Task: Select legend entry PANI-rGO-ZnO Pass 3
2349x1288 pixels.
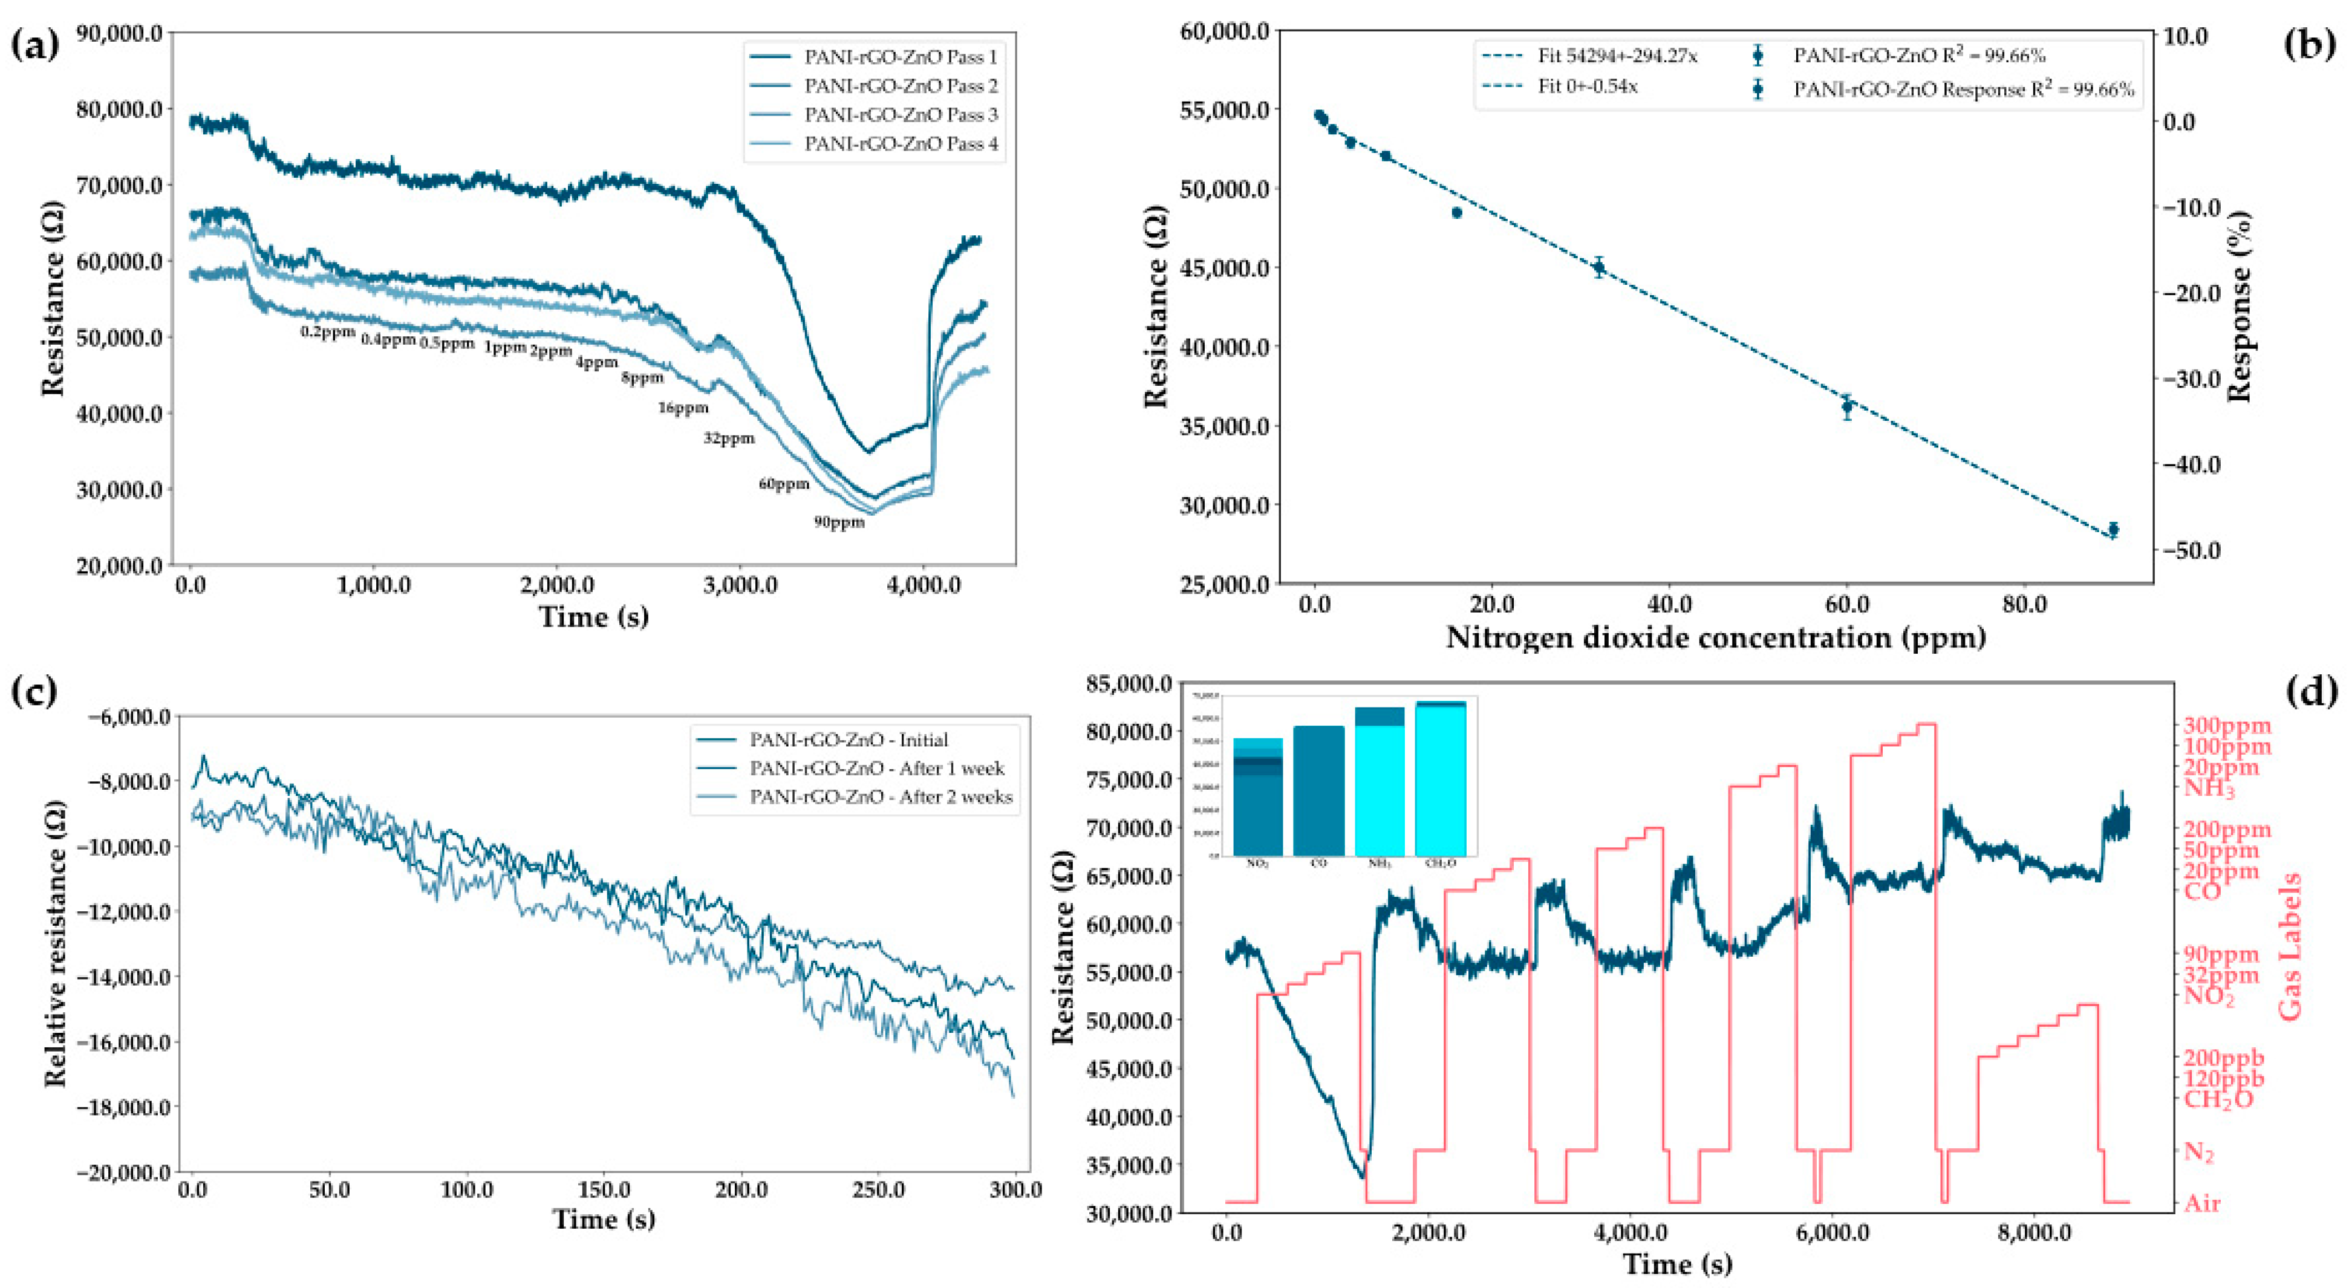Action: pos(900,115)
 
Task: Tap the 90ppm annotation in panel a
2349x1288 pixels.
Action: pos(839,523)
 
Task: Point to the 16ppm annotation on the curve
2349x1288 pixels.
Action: pos(683,408)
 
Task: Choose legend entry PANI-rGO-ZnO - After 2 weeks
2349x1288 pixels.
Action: pos(880,796)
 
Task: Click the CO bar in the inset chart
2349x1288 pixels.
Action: pos(1318,790)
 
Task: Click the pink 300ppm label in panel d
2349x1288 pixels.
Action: pos(2226,726)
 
